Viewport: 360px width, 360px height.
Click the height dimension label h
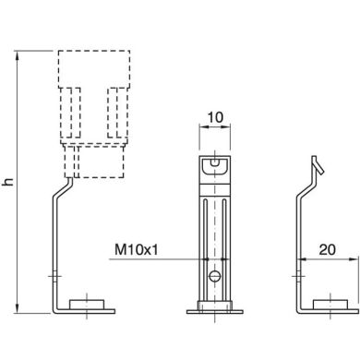click(8, 182)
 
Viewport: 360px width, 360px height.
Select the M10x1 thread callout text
click(138, 249)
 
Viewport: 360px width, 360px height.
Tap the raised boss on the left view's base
click(90, 302)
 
